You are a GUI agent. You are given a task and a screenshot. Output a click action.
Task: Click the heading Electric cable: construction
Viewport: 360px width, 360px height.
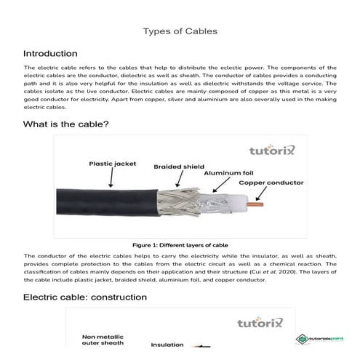85,297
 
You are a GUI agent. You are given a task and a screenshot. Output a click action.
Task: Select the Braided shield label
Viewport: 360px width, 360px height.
177,166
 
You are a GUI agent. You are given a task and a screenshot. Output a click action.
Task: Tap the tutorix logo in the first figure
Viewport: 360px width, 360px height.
263,153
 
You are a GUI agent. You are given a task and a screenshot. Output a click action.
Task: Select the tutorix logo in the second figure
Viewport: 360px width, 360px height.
265,321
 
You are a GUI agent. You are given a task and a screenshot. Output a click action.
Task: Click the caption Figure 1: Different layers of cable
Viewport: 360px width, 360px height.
180,245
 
